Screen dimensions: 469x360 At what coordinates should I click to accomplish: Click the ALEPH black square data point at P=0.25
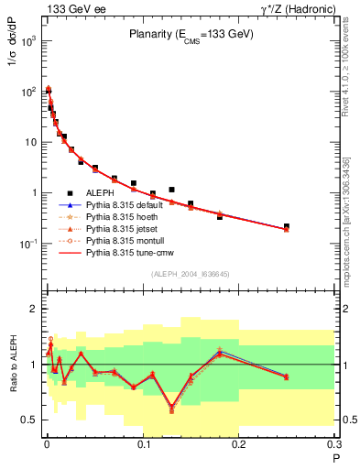click(287, 225)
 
